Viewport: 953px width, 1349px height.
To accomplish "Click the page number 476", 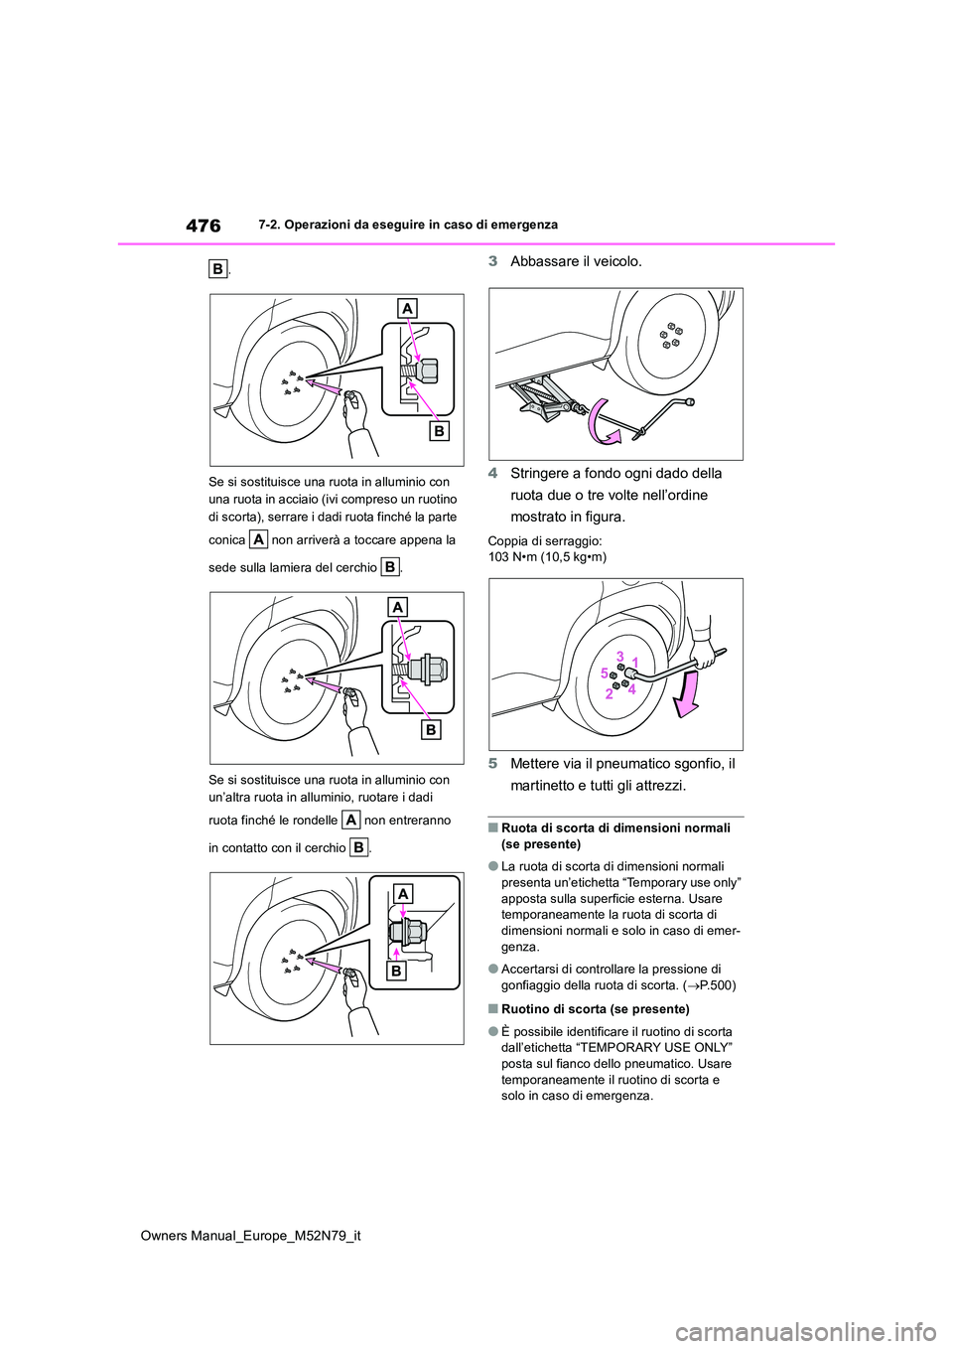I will pyautogui.click(x=203, y=225).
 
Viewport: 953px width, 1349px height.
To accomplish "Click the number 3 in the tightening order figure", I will pyautogui.click(x=619, y=657).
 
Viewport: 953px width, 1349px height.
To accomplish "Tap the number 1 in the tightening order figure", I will pyautogui.click(x=634, y=663).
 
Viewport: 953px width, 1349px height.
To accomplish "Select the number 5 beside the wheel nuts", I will pyautogui.click(x=605, y=674).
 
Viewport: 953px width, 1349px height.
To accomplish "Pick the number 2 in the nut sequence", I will pyautogui.click(x=610, y=694).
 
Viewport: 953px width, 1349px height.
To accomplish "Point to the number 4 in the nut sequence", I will pyautogui.click(x=631, y=688).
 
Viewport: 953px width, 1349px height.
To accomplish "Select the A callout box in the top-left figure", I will pyautogui.click(x=408, y=309).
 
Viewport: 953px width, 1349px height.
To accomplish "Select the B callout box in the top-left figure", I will pyautogui.click(x=439, y=430).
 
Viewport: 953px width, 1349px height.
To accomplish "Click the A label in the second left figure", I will pyautogui.click(x=398, y=606).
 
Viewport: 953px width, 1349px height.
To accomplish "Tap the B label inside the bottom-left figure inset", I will pyautogui.click(x=396, y=971).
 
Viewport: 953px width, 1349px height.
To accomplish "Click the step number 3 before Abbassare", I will pyautogui.click(x=493, y=261).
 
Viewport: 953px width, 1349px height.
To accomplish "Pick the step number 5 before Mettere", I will pyautogui.click(x=493, y=763).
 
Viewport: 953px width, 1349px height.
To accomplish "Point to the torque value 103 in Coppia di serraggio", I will pyautogui.click(x=499, y=557).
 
